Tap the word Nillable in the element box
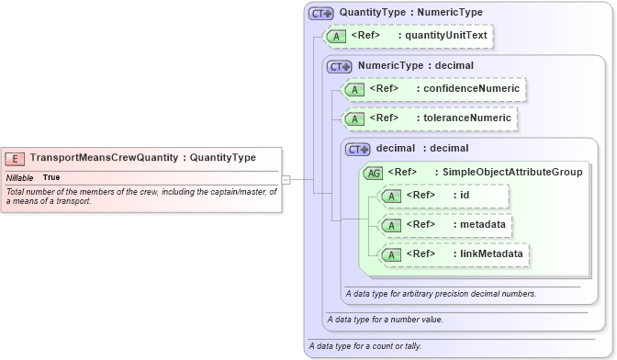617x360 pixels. (20, 177)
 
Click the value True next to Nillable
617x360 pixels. (51, 177)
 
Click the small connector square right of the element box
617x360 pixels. (286, 180)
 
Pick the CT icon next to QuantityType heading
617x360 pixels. (320, 14)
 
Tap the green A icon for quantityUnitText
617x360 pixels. (337, 36)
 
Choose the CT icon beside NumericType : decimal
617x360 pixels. (340, 66)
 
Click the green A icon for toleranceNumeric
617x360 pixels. (355, 118)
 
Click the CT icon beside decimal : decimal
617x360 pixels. (358, 149)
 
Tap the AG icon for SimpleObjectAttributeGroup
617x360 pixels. (375, 172)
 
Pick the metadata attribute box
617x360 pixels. (443, 225)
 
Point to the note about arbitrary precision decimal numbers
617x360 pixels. (441, 294)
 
